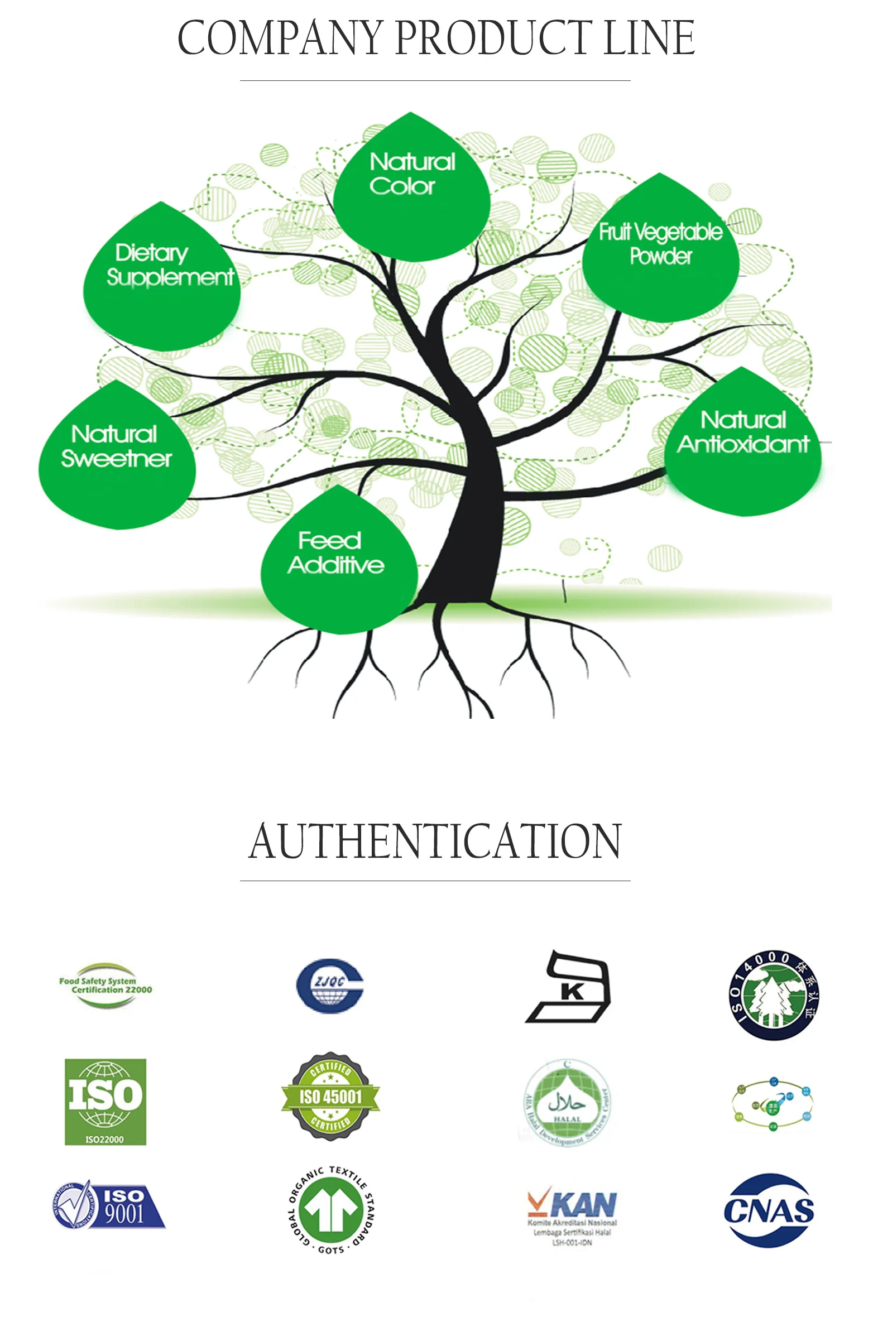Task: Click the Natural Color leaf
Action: (411, 190)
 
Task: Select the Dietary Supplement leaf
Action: (162, 279)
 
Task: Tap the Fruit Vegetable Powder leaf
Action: (661, 251)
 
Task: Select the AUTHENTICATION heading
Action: (435, 842)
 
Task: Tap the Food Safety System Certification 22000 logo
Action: (105, 985)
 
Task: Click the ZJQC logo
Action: (329, 986)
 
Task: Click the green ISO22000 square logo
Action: (105, 1102)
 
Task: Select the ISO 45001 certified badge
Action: (330, 1097)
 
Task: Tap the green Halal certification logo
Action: (567, 1103)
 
